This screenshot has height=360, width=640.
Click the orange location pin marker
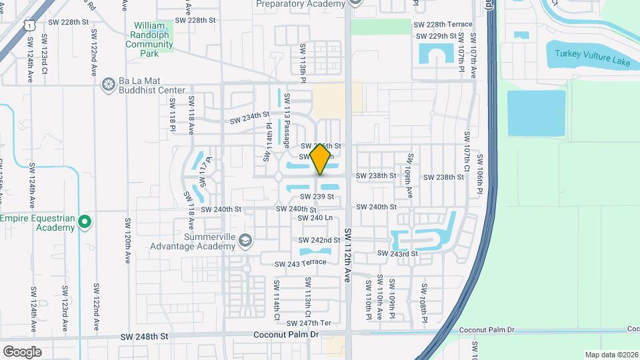tap(320, 159)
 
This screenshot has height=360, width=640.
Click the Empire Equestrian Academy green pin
tap(85, 222)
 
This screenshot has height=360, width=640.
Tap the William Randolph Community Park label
tap(149, 35)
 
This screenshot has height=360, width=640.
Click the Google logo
tap(23, 351)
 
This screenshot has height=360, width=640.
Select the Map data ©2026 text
tap(611, 355)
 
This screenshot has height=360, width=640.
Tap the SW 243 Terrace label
tap(301, 263)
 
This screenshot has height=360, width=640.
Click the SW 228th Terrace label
tap(443, 25)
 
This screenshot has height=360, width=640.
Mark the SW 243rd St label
tap(397, 253)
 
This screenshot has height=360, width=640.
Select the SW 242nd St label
tap(315, 240)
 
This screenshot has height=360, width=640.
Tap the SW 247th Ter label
tap(313, 323)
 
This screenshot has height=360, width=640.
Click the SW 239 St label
tap(316, 197)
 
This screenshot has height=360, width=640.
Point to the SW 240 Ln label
tap(315, 218)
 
